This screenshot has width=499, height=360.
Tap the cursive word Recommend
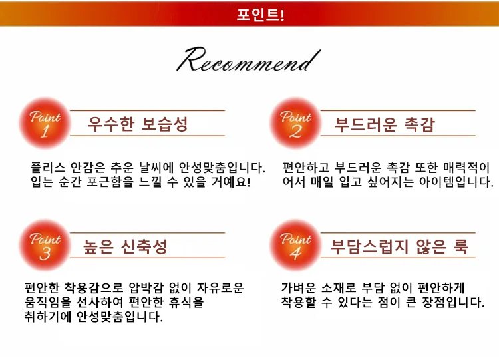pos(244,62)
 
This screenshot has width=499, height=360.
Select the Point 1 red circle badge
pos(45,123)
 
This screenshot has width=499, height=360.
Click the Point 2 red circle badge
pos(295,123)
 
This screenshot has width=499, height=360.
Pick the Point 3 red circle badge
pos(45,245)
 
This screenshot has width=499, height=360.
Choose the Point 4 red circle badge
pos(295,245)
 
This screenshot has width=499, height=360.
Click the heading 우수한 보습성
pos(138,124)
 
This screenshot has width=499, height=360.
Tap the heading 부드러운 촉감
pos(385,124)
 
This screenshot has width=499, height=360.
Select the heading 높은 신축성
pos(126,246)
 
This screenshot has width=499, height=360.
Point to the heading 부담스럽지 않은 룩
pos(399,246)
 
